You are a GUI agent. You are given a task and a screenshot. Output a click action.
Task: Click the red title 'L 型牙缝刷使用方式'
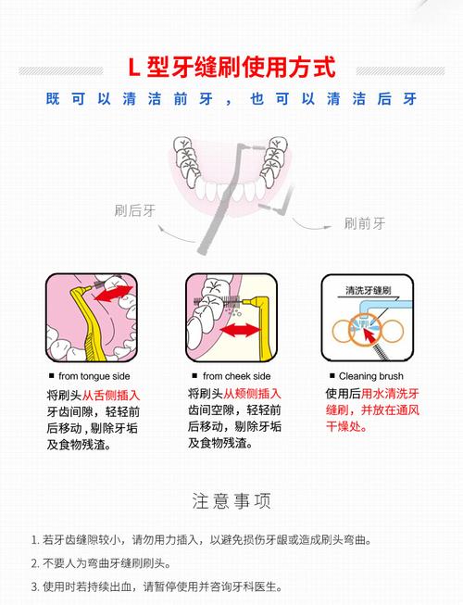click(231, 67)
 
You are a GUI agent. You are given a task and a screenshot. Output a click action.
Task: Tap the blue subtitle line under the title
click(231, 99)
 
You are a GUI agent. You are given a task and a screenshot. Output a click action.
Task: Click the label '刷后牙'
click(133, 210)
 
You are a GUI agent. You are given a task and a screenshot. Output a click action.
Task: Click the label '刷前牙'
click(364, 223)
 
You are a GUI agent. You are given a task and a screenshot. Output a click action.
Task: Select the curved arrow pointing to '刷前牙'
click(315, 220)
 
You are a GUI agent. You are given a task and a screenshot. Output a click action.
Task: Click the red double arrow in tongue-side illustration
click(115, 295)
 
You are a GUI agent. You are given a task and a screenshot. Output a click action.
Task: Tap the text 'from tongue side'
click(94, 376)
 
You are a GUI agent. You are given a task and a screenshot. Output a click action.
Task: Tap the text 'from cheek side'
click(236, 376)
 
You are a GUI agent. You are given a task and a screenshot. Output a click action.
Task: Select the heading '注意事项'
click(231, 501)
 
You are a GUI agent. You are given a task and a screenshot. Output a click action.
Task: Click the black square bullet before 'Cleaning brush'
click(332, 376)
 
